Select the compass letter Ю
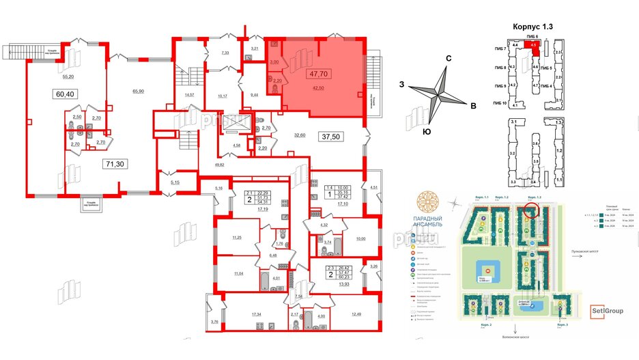click(x=427, y=130)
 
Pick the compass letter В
click(x=472, y=105)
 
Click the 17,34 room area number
click(x=257, y=314)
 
